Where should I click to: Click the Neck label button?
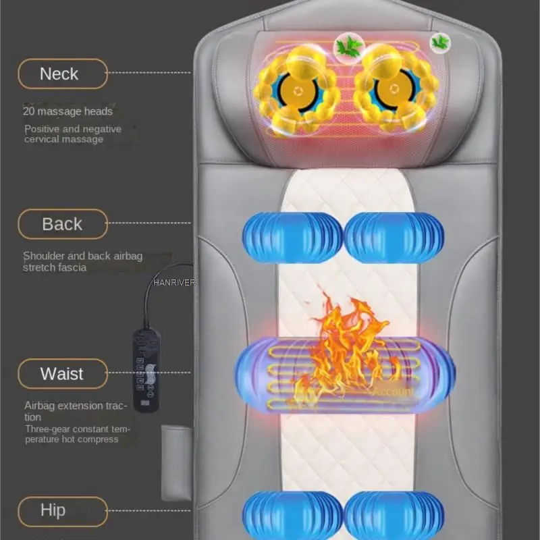(63, 74)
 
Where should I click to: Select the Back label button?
(63, 224)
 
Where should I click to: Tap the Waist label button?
(63, 373)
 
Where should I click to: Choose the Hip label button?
(63, 510)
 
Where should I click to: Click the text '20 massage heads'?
(68, 111)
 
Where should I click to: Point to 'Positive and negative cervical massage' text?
(73, 134)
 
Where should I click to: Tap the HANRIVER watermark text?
(174, 283)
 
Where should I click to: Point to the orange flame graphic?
(341, 351)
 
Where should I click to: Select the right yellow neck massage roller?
(397, 89)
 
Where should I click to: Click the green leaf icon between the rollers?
(349, 47)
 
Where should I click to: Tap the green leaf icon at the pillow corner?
(440, 42)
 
